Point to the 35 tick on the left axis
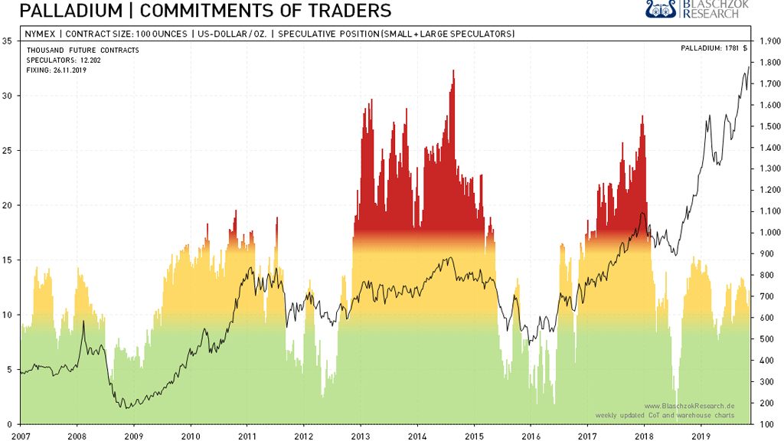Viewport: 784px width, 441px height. click(x=8, y=41)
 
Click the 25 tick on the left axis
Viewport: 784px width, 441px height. click(x=8, y=151)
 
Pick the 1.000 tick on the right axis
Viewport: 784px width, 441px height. click(x=767, y=233)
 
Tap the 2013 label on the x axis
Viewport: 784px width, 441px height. click(x=360, y=435)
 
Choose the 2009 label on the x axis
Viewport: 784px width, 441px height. click(x=133, y=435)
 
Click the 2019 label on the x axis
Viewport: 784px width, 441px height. click(x=700, y=435)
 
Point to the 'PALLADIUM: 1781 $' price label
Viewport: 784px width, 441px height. click(x=714, y=49)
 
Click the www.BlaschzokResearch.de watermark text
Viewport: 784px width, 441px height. click(x=689, y=406)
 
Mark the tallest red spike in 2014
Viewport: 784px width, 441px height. click(x=453, y=73)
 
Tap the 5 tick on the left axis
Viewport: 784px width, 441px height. click(x=8, y=370)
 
